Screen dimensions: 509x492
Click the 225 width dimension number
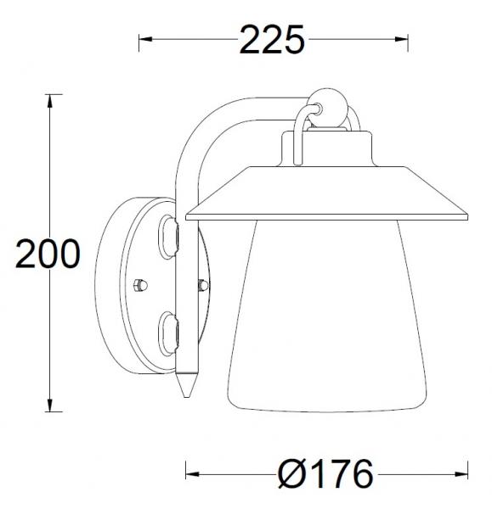click(272, 39)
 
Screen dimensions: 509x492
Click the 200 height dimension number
click(49, 254)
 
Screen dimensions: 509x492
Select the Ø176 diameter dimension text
click(326, 473)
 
